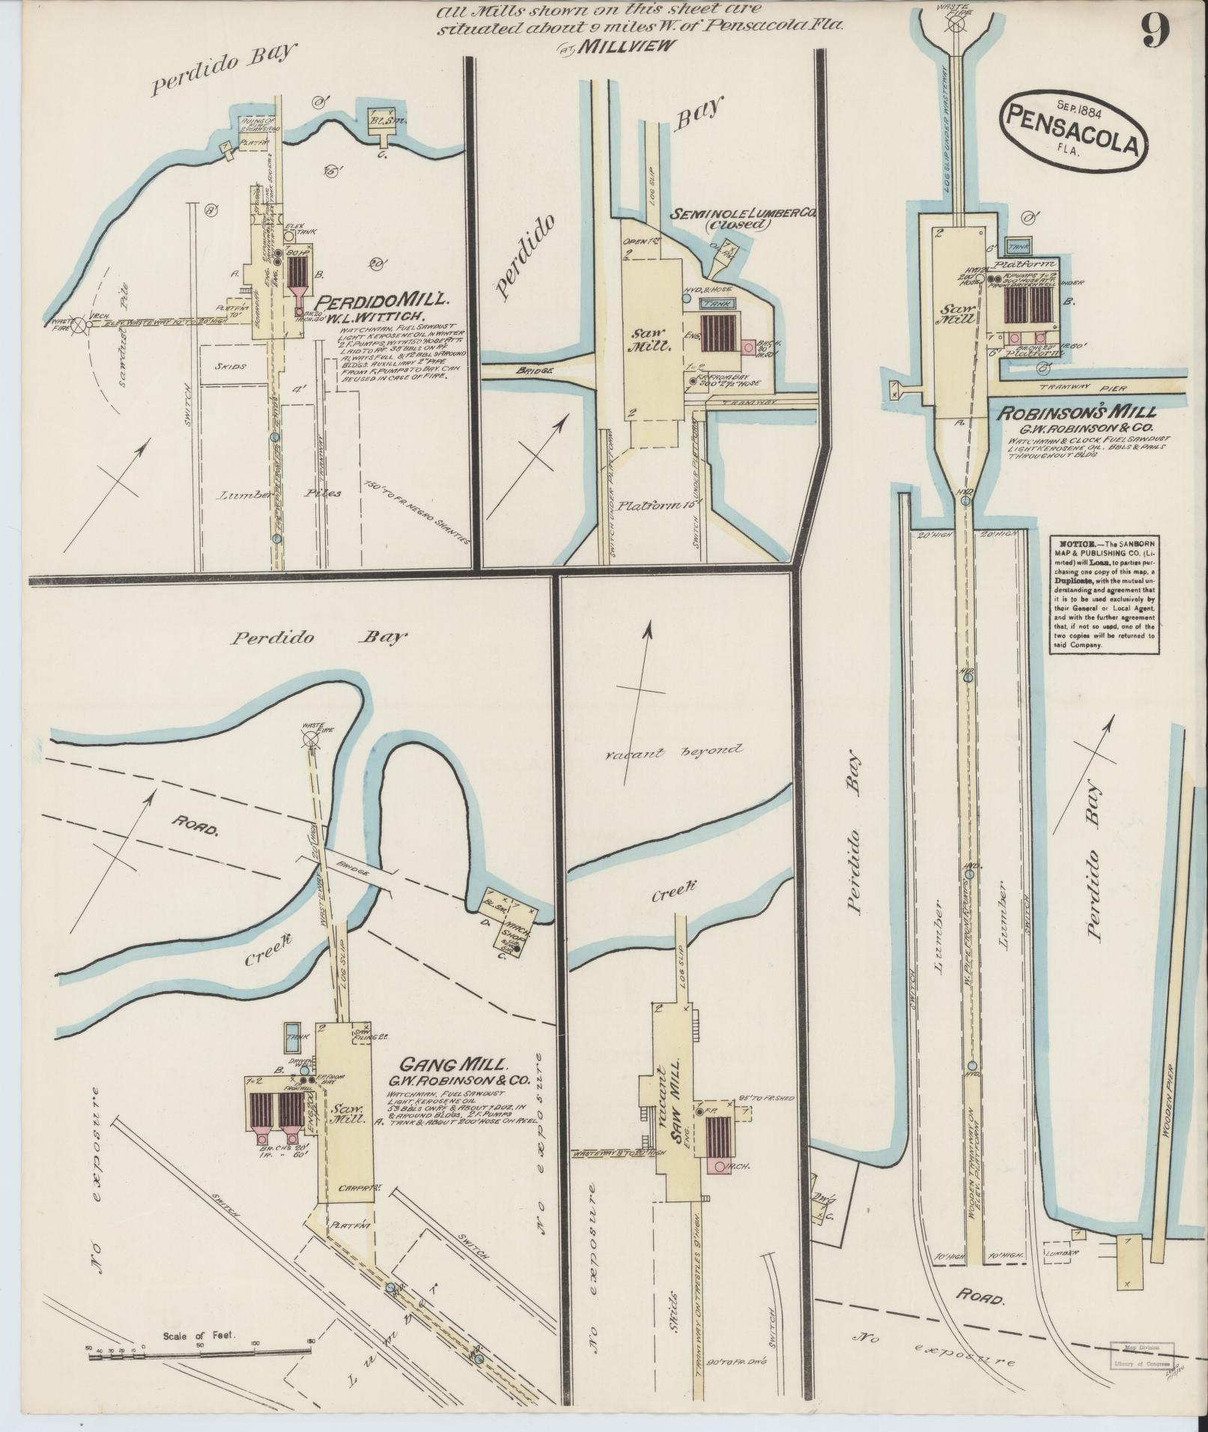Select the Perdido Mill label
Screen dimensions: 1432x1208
pyautogui.click(x=383, y=300)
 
